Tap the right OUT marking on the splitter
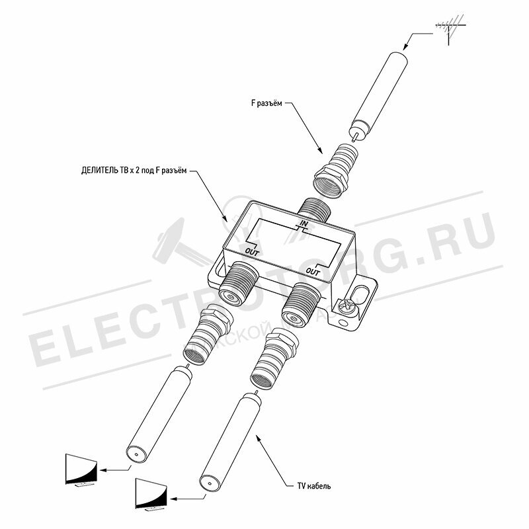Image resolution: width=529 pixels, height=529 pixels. [x=313, y=271]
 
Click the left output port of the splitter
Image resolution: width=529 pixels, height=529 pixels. [x=237, y=283]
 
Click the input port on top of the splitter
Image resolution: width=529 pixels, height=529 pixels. [x=314, y=209]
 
